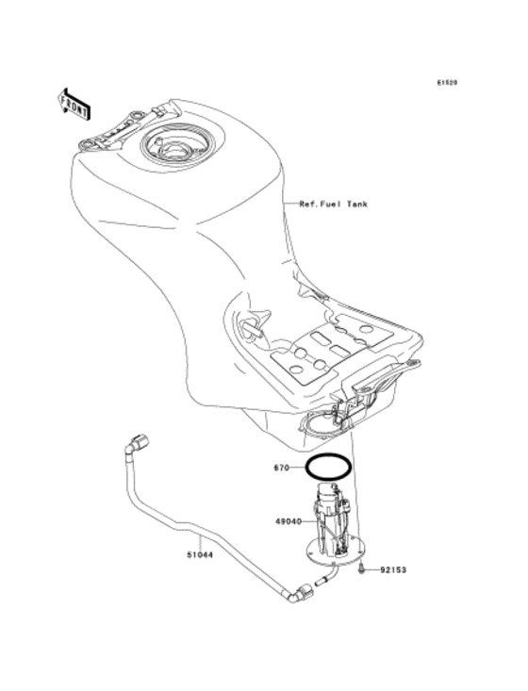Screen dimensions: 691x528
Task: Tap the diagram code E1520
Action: tap(447, 83)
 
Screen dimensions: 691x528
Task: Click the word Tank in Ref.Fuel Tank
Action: tap(355, 204)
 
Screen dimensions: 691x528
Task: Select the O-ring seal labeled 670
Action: tap(327, 467)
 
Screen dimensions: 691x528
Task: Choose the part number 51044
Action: tap(199, 554)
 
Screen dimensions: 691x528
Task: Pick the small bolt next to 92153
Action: tap(363, 569)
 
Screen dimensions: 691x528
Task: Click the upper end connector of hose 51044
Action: tap(140, 440)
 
